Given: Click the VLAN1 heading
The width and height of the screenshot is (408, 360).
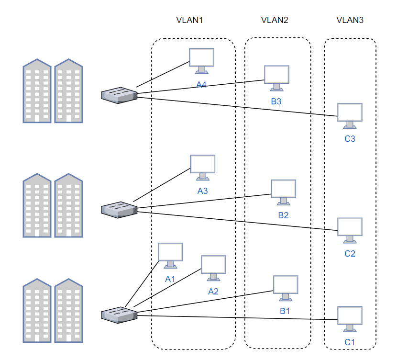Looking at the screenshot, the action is [x=189, y=20].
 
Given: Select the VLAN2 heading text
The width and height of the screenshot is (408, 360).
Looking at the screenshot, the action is [x=275, y=20].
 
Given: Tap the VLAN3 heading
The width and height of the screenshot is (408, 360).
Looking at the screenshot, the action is [x=350, y=20].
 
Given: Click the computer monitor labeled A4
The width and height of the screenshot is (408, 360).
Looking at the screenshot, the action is [x=202, y=61].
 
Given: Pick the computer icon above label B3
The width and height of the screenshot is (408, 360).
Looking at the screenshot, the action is [x=276, y=78].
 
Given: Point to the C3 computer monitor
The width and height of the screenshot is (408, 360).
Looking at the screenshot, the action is [x=350, y=116].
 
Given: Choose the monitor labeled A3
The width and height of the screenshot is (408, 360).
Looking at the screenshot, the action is [x=203, y=168].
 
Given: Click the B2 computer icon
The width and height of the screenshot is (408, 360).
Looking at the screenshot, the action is [x=283, y=192].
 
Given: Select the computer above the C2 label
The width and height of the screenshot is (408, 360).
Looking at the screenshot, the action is [x=350, y=231].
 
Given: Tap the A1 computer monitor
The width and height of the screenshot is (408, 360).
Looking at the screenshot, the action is [x=170, y=256].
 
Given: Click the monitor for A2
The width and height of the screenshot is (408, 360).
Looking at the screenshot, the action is [x=213, y=268].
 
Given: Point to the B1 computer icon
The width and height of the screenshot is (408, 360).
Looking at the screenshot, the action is [x=286, y=288].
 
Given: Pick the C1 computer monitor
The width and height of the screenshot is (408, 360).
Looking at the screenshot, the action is [x=350, y=319].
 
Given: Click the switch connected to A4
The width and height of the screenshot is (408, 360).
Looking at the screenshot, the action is [x=119, y=95].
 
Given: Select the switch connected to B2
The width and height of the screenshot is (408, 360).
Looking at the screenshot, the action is [x=119, y=210].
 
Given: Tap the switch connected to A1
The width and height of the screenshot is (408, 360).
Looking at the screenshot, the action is [x=119, y=315].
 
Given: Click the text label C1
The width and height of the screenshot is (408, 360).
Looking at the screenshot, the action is [x=350, y=342].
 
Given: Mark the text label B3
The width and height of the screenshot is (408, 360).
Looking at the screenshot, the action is [x=276, y=101].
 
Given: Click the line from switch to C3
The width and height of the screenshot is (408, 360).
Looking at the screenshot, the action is [x=237, y=107].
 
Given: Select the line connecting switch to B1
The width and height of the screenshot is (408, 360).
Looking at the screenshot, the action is [x=205, y=302].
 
